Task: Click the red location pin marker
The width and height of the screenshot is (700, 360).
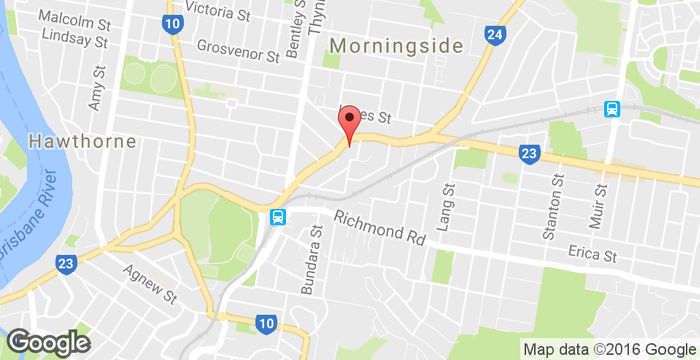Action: [x=349, y=125]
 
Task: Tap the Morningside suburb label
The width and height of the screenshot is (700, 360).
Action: [x=397, y=46]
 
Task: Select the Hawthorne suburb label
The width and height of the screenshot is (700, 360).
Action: [x=83, y=141]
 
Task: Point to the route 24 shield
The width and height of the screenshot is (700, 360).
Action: [x=494, y=36]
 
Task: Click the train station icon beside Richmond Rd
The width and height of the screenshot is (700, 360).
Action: [x=277, y=216]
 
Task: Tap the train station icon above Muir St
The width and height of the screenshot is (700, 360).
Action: [x=611, y=109]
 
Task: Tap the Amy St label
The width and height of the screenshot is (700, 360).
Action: [x=97, y=88]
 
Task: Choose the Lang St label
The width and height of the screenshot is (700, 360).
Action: [x=447, y=204]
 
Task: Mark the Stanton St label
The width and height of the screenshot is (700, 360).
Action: [x=548, y=211]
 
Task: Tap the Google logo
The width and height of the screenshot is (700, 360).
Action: [x=48, y=341]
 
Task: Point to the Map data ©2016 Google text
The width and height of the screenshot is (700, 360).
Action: [x=609, y=349]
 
